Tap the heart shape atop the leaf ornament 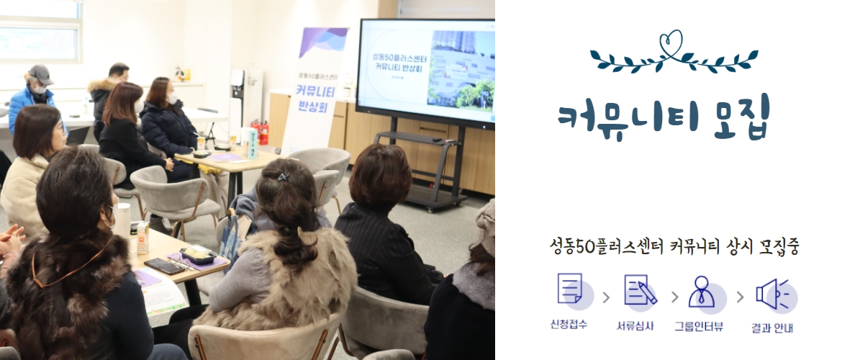click(x=673, y=40)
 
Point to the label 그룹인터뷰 click(x=698, y=325)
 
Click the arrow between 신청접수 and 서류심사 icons click(x=605, y=296)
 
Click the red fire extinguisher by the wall click(x=264, y=132)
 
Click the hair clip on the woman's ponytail click(x=283, y=177)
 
